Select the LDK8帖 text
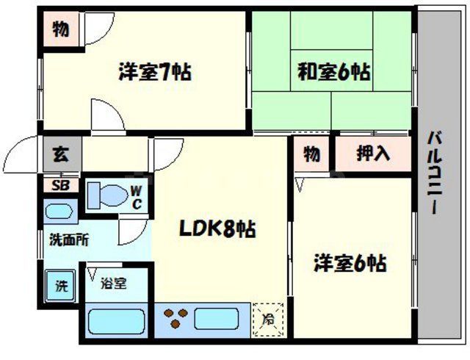(x=218, y=230)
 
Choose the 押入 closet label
(x=373, y=154)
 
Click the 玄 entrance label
(x=60, y=156)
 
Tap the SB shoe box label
(x=60, y=185)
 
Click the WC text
(x=137, y=196)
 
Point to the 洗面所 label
(x=64, y=240)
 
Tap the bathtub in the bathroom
(x=116, y=321)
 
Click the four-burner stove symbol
(x=176, y=319)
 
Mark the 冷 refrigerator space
(x=269, y=320)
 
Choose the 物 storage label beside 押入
(x=312, y=154)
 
